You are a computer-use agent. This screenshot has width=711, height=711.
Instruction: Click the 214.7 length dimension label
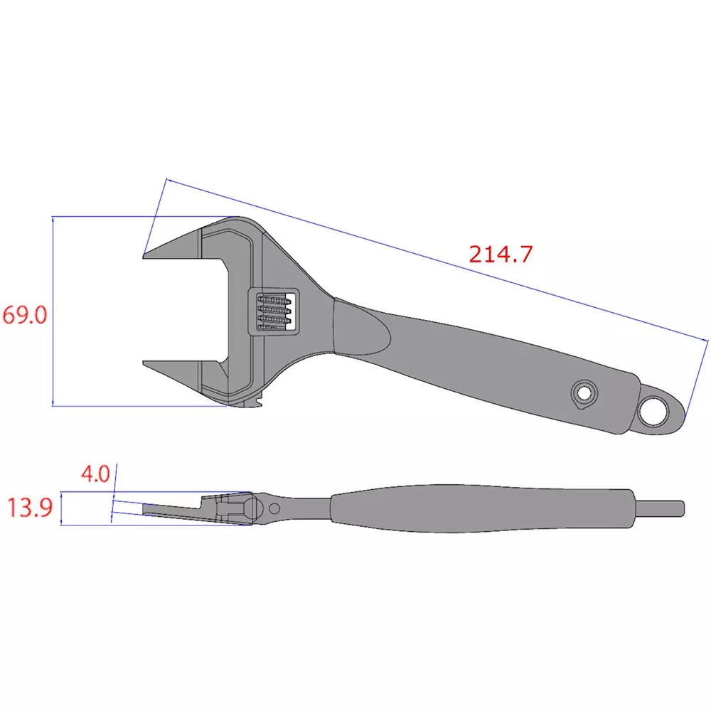pos(500,254)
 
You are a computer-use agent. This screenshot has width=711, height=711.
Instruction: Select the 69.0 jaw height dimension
pos(24,314)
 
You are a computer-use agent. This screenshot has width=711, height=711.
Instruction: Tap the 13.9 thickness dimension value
pos(30,508)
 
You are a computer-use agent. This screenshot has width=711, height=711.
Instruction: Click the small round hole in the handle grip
pos(584,392)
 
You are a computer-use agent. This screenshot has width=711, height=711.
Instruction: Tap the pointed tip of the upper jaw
pos(145,256)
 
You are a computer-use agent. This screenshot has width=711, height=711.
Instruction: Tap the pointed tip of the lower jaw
pos(145,365)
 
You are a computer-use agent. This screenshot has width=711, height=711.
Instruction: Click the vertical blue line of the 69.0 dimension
pos(53,313)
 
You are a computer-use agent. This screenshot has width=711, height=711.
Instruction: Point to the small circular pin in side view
pos(274,507)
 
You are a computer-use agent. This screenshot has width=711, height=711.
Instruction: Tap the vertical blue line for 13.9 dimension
pos(62,508)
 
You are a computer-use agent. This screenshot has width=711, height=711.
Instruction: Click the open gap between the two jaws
pos(185,311)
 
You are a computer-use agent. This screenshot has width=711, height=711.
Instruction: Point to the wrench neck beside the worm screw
pos(313,306)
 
